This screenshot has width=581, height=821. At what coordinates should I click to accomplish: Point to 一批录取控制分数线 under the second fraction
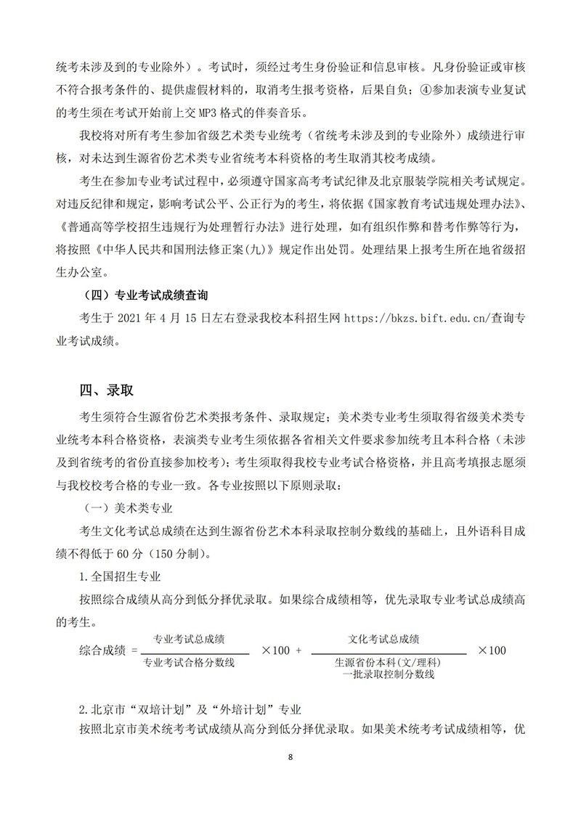click(389, 674)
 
